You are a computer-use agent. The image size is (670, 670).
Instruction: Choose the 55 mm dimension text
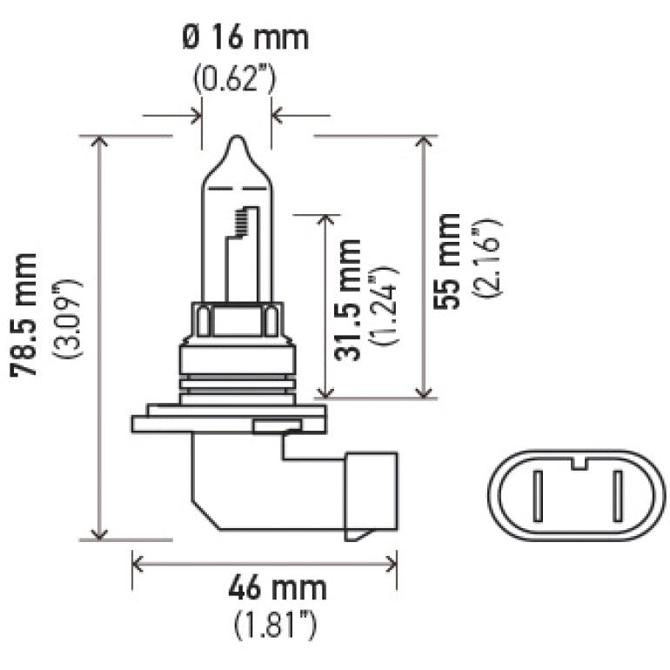coord(449,261)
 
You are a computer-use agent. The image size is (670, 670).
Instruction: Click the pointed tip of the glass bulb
coord(237,138)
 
